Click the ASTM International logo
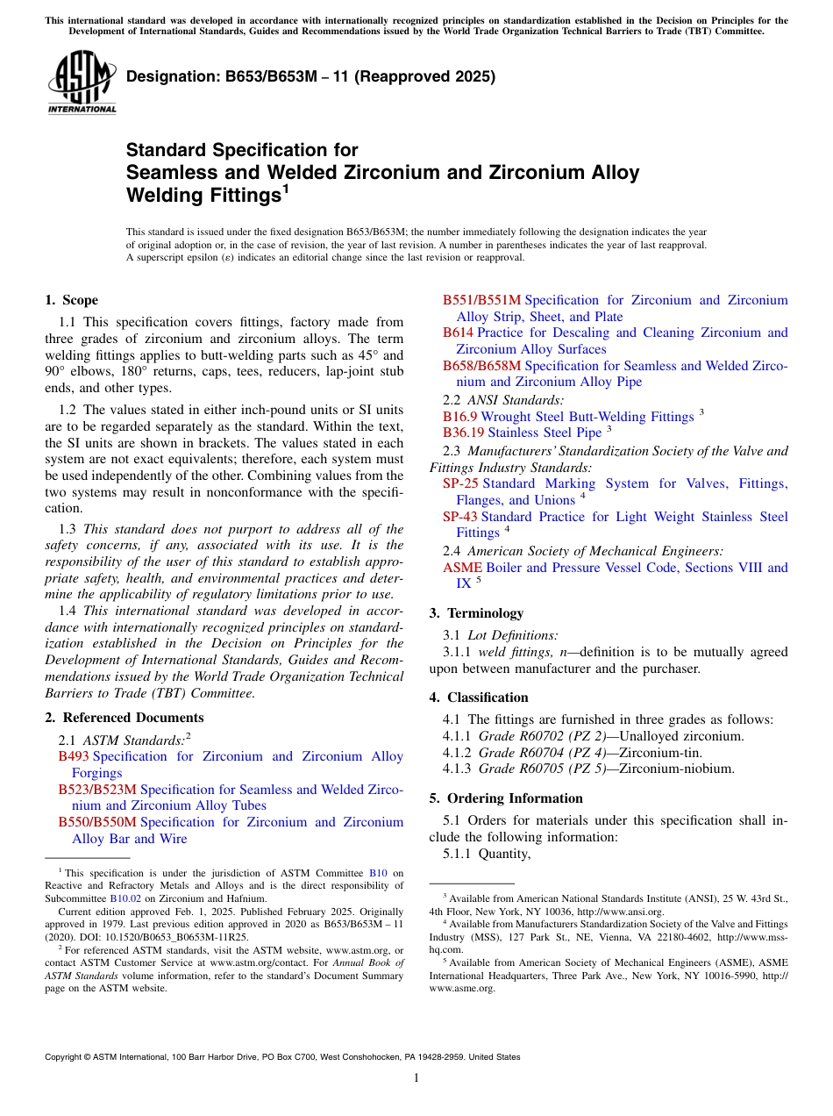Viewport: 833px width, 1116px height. coord(82,82)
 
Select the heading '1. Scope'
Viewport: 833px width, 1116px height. coord(71,300)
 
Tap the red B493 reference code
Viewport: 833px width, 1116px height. coord(74,756)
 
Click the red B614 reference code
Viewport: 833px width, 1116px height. coord(458,333)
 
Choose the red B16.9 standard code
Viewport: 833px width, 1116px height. coord(460,417)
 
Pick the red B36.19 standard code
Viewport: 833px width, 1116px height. coord(463,433)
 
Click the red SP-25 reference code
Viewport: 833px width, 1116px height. coord(460,483)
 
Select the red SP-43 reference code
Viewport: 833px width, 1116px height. coord(460,517)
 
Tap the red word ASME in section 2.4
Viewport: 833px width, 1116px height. coord(462,568)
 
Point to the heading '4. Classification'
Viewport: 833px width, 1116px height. coord(479,697)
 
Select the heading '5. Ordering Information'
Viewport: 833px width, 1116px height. coord(506,798)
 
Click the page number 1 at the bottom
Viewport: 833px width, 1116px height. coord(416,1078)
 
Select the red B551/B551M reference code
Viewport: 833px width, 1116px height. coord(481,300)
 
